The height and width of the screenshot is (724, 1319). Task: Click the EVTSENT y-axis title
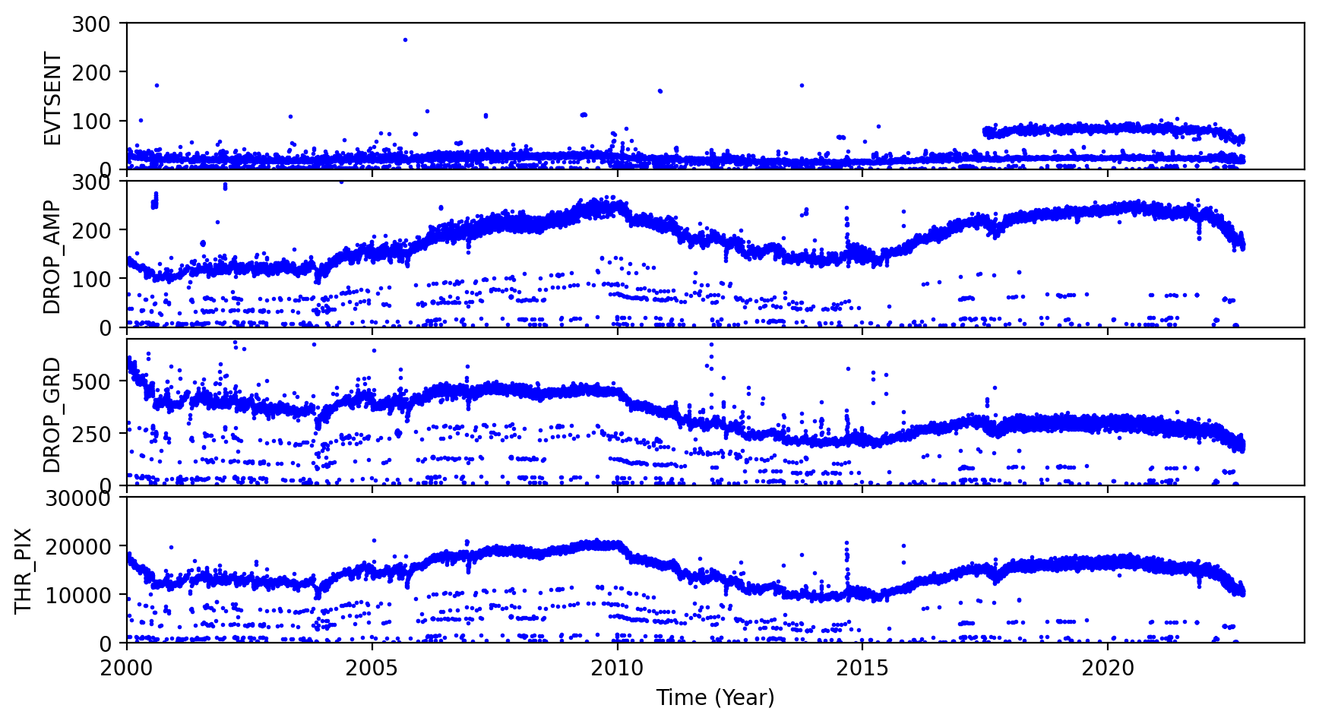coord(52,98)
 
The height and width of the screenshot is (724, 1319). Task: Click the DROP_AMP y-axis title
coord(52,257)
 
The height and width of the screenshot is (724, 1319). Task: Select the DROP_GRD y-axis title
coord(52,415)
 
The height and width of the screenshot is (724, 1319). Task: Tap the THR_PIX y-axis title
coord(23,571)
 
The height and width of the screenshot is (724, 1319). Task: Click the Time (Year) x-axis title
coord(715,697)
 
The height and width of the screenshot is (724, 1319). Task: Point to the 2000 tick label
coord(127,669)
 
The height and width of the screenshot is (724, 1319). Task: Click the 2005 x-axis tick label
coord(372,669)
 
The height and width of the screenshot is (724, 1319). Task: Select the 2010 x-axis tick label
coord(617,669)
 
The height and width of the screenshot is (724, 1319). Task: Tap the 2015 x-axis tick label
coord(862,669)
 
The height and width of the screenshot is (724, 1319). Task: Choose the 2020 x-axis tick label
coord(1107,669)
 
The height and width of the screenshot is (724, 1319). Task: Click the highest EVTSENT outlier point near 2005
coord(405,40)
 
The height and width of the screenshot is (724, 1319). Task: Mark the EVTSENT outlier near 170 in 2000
coord(157,85)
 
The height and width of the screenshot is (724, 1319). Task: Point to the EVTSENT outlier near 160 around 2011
coord(659,91)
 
